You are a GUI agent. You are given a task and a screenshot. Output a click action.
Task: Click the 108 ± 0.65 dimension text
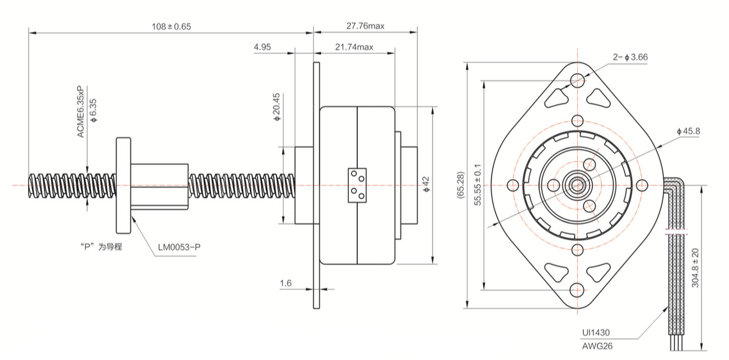[171, 26]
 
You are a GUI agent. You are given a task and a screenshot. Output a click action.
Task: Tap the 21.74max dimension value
[354, 47]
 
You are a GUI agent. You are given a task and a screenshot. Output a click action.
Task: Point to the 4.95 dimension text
[262, 47]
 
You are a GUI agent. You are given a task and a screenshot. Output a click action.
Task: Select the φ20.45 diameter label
[276, 107]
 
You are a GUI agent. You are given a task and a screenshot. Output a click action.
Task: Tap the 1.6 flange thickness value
[285, 283]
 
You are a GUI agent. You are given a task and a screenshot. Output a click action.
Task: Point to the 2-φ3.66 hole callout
[629, 57]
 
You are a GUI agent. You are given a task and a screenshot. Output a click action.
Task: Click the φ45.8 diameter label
[688, 131]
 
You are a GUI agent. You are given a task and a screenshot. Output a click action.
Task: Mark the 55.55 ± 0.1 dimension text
[478, 185]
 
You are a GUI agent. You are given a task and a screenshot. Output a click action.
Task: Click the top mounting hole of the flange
[577, 80]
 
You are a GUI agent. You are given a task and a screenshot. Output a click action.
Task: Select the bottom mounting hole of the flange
[577, 290]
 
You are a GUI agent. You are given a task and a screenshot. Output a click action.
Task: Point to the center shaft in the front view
[577, 185]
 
